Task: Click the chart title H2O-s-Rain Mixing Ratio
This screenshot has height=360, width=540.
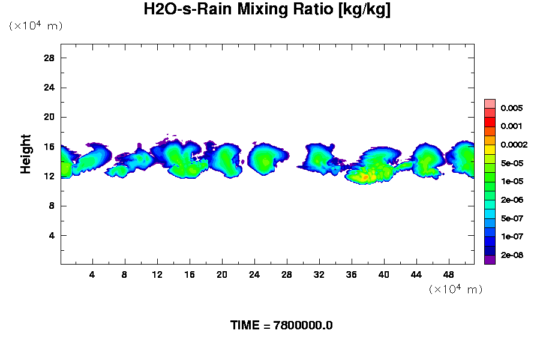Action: click(x=267, y=10)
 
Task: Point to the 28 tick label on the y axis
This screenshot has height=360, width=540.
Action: click(x=49, y=58)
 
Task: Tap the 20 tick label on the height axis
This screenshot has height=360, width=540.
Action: click(x=49, y=117)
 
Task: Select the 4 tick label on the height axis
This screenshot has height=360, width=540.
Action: click(x=52, y=235)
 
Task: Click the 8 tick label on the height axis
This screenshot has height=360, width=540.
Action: click(x=52, y=206)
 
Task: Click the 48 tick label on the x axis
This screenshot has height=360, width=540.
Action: click(x=448, y=274)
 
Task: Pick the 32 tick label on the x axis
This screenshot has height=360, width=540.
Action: click(x=319, y=274)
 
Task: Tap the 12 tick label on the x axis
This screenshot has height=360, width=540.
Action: click(x=157, y=274)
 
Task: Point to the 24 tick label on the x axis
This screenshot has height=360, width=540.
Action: click(x=254, y=274)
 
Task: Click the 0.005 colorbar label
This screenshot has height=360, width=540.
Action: click(x=512, y=108)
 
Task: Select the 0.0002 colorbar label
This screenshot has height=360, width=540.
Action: click(x=514, y=145)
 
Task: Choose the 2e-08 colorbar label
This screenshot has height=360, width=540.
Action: click(x=512, y=255)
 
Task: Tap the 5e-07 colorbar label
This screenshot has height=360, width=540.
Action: click(x=512, y=218)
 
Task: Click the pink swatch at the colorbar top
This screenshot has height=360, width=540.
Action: click(x=490, y=103)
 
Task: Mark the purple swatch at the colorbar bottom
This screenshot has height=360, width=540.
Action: click(x=490, y=259)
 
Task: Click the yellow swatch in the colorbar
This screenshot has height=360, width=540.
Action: click(x=490, y=149)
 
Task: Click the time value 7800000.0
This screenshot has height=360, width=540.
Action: click(x=303, y=325)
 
